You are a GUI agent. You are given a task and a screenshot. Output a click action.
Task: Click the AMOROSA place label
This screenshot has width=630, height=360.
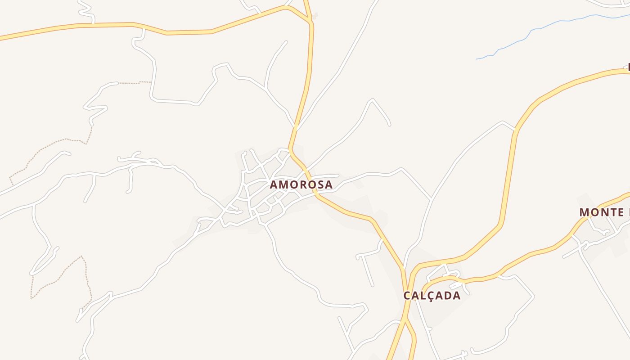(301, 184)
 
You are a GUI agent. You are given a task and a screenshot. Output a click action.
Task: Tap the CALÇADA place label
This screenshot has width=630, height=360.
(432, 296)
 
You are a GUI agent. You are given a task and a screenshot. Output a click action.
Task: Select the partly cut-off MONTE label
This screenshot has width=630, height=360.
(604, 212)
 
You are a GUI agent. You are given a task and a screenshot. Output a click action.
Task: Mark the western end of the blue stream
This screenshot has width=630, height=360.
(477, 59)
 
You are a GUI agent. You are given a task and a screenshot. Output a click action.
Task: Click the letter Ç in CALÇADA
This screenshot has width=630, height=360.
(428, 296)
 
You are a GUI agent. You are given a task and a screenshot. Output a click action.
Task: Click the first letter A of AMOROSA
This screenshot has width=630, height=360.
(274, 184)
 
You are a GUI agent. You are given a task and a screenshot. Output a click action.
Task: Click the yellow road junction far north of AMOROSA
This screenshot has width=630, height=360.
(310, 21)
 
